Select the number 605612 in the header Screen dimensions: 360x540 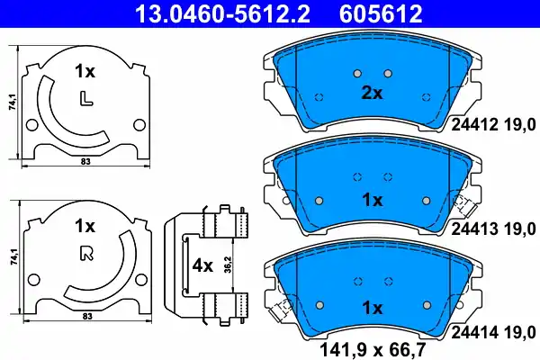coord(379,13)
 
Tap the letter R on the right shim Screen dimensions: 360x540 coord(86,253)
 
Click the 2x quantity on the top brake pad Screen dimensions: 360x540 coord(373,94)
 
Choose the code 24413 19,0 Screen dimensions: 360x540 coord(491,229)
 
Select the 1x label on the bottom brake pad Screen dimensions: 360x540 coord(373,308)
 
